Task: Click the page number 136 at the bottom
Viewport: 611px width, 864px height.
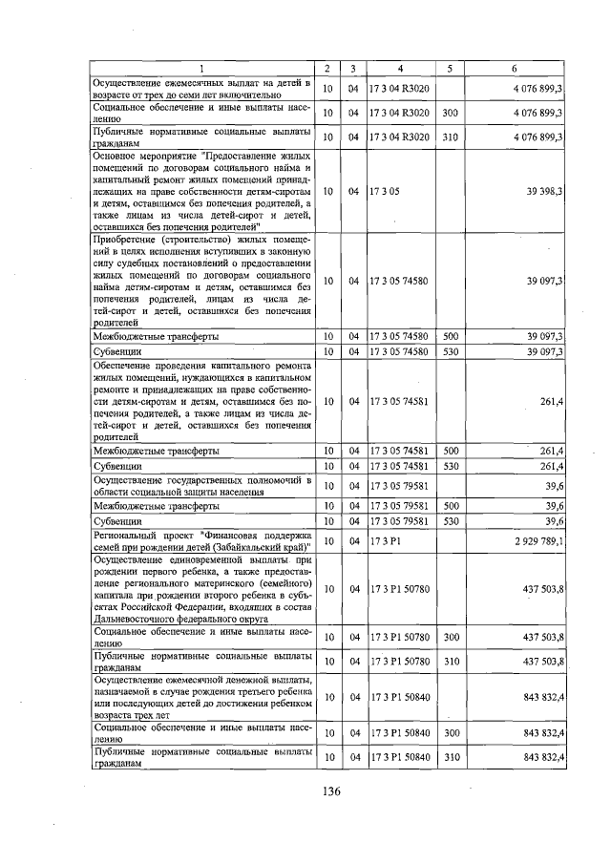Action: tap(331, 791)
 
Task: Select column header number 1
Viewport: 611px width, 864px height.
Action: tap(201, 69)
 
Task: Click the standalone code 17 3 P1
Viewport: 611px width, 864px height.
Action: tap(386, 541)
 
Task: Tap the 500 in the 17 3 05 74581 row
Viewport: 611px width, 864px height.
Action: tap(451, 450)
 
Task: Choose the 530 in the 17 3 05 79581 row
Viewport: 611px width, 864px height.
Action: tap(451, 522)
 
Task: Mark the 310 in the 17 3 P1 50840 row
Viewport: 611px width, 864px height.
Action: tap(451, 757)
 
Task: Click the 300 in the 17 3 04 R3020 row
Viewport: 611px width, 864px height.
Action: tap(451, 114)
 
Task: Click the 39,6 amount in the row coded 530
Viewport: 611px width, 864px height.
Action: tap(551, 522)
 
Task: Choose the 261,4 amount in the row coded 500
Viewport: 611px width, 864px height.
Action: tap(548, 450)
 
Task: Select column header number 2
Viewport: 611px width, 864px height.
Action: tap(327, 69)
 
